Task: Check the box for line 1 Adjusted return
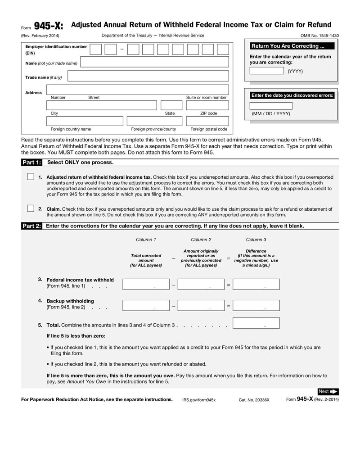(31, 176)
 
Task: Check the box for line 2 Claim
(31, 208)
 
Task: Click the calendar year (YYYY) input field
(266, 71)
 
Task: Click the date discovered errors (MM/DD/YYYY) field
(271, 106)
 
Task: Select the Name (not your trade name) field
(154, 62)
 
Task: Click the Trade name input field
(148, 76)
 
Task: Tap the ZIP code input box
(207, 105)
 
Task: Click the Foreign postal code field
(207, 121)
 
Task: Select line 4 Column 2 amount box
(201, 306)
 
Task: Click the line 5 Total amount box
(256, 323)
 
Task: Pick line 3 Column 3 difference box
(256, 284)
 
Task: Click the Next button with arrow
(328, 392)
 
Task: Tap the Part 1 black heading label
(31, 163)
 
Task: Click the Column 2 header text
(201, 240)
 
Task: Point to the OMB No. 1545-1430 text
(319, 36)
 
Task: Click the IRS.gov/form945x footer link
(199, 400)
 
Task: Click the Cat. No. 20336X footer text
(254, 400)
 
